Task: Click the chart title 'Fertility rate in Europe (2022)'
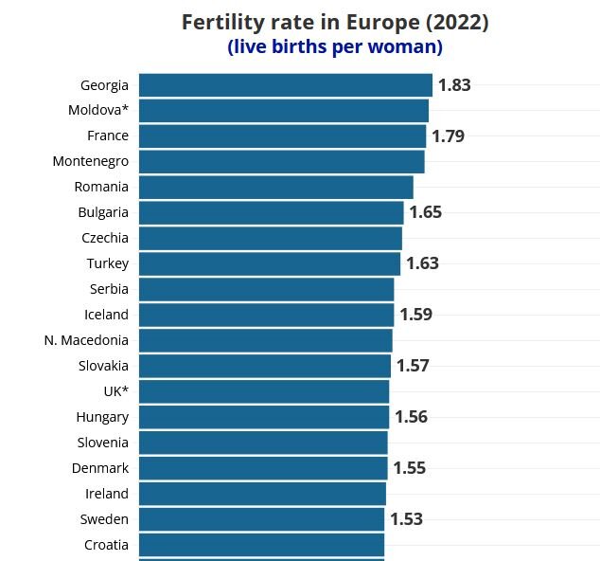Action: (335, 22)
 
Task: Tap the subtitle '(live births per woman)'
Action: (335, 46)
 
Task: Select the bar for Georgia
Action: (285, 85)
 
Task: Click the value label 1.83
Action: (454, 85)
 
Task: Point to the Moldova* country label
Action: (98, 111)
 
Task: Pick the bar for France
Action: (282, 136)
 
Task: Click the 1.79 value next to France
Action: (449, 136)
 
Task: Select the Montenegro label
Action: (91, 162)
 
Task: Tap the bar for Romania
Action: (275, 188)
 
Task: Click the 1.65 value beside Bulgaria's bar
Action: (426, 213)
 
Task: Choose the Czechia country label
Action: (105, 239)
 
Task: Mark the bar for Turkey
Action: (270, 264)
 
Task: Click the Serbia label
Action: (109, 290)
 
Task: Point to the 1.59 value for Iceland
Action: (416, 316)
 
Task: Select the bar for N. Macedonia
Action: (265, 341)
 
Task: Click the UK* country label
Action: (115, 392)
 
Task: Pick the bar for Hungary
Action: (264, 418)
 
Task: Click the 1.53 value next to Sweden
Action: (407, 520)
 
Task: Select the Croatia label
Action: (106, 546)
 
